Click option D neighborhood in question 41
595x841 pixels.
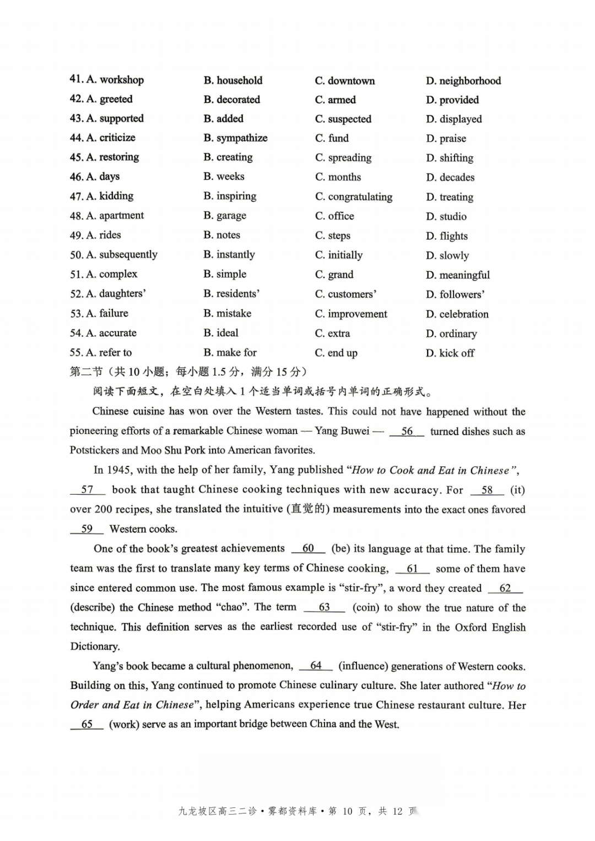click(x=463, y=81)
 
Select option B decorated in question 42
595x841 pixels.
click(x=231, y=100)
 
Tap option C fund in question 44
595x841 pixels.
click(x=332, y=138)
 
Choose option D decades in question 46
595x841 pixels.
click(x=450, y=177)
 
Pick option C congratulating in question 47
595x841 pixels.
click(x=354, y=197)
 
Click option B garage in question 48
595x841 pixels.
click(x=225, y=216)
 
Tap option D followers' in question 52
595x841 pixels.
click(x=455, y=294)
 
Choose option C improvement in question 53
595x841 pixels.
click(x=351, y=314)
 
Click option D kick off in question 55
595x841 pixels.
click(x=450, y=353)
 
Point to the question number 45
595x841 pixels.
click(x=76, y=158)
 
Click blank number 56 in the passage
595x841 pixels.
click(x=407, y=431)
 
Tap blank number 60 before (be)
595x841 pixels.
click(x=308, y=549)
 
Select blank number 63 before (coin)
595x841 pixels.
click(x=324, y=607)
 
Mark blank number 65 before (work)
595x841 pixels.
click(x=87, y=724)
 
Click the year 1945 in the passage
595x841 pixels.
click(x=118, y=470)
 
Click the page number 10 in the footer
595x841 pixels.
click(x=347, y=811)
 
